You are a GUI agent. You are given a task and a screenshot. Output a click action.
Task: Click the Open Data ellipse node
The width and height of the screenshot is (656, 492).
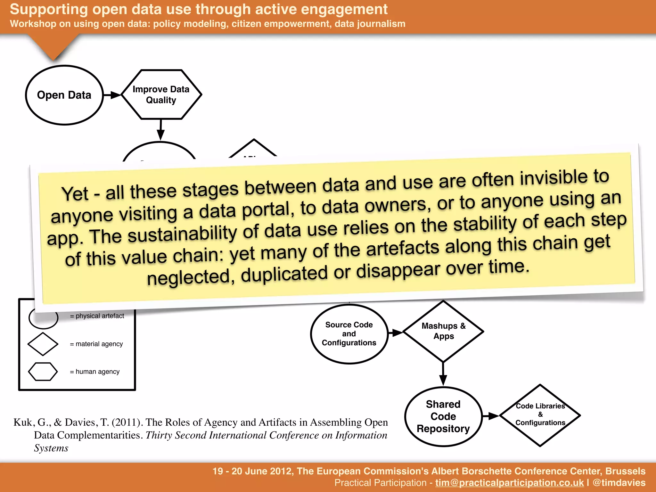[64, 95]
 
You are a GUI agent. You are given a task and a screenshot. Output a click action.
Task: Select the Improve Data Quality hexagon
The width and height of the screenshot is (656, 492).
[161, 94]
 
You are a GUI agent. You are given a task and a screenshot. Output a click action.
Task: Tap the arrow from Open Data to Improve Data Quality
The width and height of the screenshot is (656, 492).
[112, 95]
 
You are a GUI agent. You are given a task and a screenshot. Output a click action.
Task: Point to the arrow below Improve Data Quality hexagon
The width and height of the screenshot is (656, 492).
[160, 130]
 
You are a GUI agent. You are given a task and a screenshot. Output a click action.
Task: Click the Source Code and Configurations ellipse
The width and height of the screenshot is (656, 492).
[349, 334]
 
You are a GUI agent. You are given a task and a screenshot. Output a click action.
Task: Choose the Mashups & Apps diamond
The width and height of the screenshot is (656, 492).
[443, 331]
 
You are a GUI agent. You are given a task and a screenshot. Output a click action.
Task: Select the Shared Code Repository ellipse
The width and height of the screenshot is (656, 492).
[443, 416]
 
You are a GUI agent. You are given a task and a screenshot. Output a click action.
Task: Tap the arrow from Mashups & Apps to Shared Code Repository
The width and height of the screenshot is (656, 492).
[443, 374]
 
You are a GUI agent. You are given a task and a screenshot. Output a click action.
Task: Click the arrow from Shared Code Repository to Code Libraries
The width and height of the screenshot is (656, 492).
[490, 416]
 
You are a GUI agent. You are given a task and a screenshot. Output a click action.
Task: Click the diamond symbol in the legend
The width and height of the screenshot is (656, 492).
[43, 344]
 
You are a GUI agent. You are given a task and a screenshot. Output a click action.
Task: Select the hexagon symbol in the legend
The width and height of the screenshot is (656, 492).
[43, 372]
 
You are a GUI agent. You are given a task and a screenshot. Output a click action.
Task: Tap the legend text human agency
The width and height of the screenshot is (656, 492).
[97, 372]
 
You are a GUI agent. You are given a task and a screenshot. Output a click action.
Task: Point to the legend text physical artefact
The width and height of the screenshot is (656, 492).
[100, 316]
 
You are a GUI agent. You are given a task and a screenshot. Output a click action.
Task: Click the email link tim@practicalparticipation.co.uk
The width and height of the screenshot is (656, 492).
[509, 483]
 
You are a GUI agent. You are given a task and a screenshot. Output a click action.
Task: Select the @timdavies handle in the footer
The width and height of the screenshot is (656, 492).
[619, 483]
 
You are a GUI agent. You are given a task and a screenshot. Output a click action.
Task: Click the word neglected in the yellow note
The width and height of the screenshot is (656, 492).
[189, 277]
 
